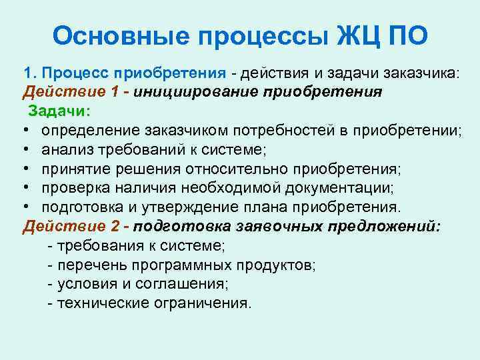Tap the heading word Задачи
[59, 110]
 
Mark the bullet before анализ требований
[27, 149]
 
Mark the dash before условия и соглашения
[51, 284]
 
